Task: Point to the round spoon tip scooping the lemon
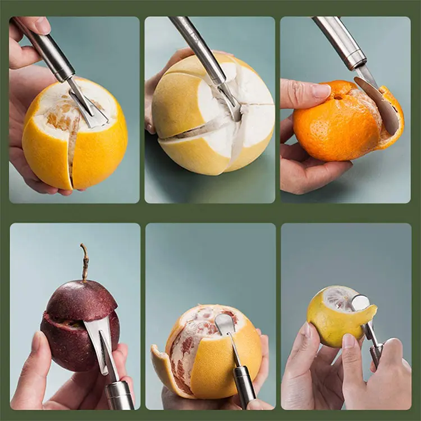[x=361, y=303]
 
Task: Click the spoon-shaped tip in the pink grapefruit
[x=225, y=324]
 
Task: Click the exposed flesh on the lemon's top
[x=340, y=298]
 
